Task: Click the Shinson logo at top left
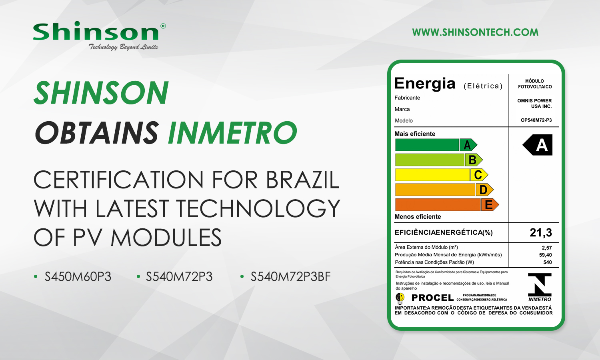[x=99, y=36]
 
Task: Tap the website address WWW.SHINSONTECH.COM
[x=475, y=32]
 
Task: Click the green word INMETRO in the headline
[x=232, y=132]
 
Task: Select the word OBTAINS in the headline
[x=97, y=132]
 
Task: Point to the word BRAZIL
[x=303, y=180]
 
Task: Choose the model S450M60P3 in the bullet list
[x=78, y=277]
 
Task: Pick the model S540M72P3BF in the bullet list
[x=291, y=277]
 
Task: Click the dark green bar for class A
[x=427, y=145]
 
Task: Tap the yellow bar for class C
[x=432, y=175]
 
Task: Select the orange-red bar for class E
[x=438, y=205]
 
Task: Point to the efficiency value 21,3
[x=541, y=232]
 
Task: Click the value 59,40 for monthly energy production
[x=545, y=255]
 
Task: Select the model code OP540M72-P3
[x=536, y=120]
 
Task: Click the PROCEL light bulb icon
[x=400, y=298]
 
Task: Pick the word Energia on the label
[x=424, y=83]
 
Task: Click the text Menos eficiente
[x=418, y=216]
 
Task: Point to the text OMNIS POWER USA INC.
[x=534, y=103]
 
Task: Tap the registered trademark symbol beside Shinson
[x=163, y=26]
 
